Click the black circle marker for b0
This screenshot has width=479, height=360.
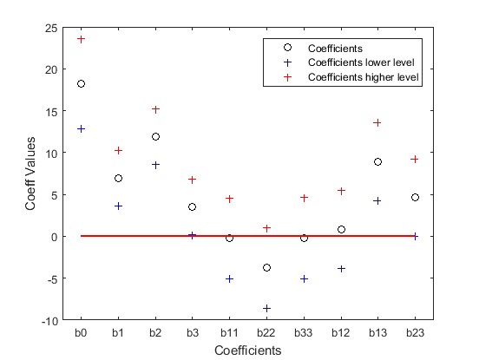tap(81, 84)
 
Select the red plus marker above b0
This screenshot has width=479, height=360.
tap(81, 39)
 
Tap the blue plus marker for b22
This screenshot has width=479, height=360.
tap(266, 308)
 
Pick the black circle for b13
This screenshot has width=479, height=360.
tap(377, 162)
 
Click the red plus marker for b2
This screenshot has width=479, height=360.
tap(155, 109)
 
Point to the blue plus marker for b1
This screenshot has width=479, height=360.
tap(118, 206)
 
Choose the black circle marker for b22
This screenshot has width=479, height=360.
tap(266, 268)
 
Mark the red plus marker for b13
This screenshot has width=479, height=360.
tap(377, 122)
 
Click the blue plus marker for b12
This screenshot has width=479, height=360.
tap(341, 269)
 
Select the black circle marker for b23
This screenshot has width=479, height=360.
tap(415, 198)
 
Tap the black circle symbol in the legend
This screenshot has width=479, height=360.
tap(287, 48)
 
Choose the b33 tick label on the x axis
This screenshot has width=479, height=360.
tap(304, 333)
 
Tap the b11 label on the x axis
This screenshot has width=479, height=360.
tap(229, 333)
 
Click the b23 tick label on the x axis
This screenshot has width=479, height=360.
tap(415, 333)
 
